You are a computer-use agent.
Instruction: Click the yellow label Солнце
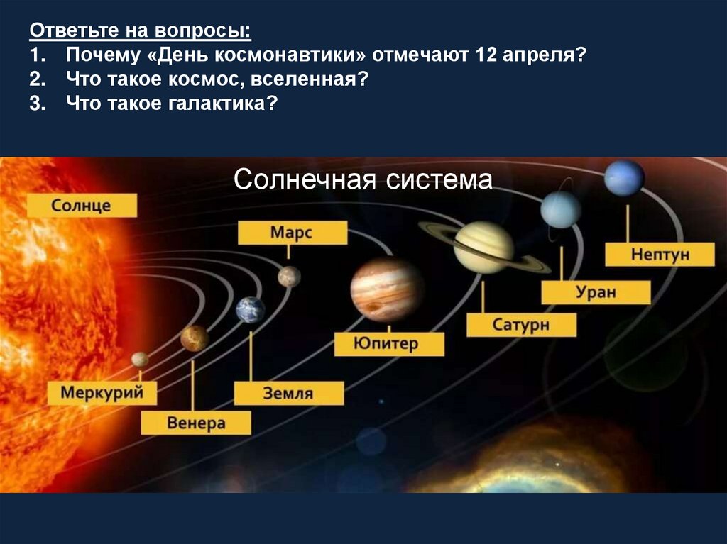82,205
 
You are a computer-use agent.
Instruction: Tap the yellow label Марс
292,233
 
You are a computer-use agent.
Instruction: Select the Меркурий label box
102,393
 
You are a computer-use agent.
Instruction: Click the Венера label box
196,423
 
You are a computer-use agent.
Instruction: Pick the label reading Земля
289,393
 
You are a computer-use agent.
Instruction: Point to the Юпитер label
389,344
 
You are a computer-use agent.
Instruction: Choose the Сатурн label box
522,325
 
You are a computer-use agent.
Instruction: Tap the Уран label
596,292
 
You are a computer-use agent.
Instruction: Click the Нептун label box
660,255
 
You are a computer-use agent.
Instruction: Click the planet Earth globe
251,309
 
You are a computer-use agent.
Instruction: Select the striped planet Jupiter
387,290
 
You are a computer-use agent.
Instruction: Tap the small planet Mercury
140,360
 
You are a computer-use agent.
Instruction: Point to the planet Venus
195,338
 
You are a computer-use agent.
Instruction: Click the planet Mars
290,277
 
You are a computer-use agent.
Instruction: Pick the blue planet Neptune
624,178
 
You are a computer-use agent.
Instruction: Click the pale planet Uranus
561,210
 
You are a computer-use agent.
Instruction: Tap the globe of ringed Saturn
483,247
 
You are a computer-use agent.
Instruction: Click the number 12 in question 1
486,55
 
